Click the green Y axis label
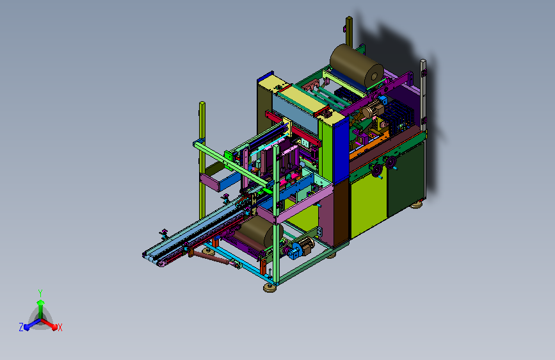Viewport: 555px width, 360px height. coord(40,293)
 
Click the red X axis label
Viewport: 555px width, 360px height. coord(60,327)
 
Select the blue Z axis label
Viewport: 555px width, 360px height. coord(21,327)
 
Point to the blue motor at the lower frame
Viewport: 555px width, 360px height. coord(294,252)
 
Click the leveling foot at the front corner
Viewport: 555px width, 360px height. coord(270,288)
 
